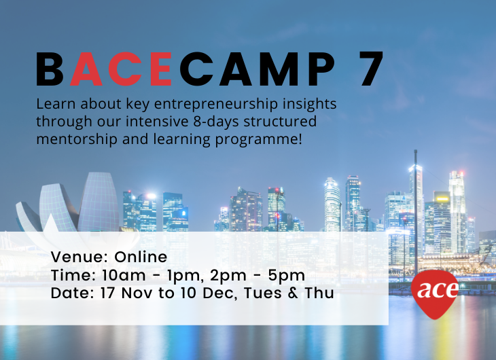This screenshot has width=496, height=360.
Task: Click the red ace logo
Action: [x=435, y=293]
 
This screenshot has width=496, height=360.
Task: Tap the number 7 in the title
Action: [x=370, y=69]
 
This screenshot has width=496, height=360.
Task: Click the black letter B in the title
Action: [x=50, y=69]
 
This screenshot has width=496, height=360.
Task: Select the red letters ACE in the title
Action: [x=120, y=69]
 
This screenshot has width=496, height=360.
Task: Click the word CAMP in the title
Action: [x=258, y=69]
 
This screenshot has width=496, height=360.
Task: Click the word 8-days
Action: [x=216, y=122]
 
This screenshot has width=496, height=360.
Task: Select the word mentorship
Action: [x=77, y=140]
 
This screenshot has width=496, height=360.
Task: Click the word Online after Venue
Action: [x=141, y=257]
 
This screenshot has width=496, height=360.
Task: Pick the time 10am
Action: [x=124, y=275]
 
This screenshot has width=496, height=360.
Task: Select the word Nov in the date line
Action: [x=137, y=293]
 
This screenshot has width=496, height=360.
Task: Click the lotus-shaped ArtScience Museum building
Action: [x=68, y=202]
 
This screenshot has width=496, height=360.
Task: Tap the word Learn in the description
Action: [x=56, y=104]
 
